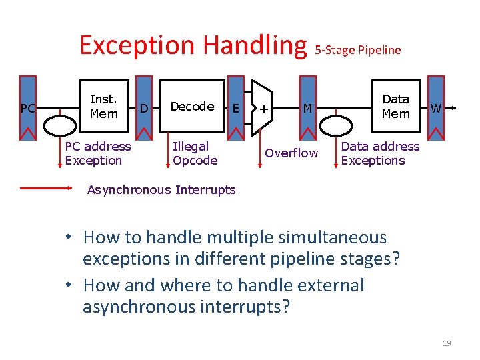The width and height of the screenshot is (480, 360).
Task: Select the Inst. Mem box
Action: (103, 107)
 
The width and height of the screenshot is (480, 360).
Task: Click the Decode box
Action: (192, 107)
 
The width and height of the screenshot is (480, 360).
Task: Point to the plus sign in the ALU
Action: (265, 108)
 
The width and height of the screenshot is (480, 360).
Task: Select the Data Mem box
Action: (395, 107)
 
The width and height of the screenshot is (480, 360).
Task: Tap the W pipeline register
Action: (435, 107)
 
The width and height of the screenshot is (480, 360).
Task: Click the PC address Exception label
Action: (98, 153)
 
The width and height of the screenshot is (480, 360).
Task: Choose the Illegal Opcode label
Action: (195, 153)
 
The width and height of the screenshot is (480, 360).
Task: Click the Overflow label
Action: (291, 153)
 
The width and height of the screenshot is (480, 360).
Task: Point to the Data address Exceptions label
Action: (380, 153)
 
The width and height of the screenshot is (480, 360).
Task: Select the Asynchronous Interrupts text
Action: (161, 190)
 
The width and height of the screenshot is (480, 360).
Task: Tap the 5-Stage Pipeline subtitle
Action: (358, 50)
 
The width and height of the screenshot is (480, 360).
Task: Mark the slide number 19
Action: (447, 343)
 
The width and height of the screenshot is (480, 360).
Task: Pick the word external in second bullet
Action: (319, 285)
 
